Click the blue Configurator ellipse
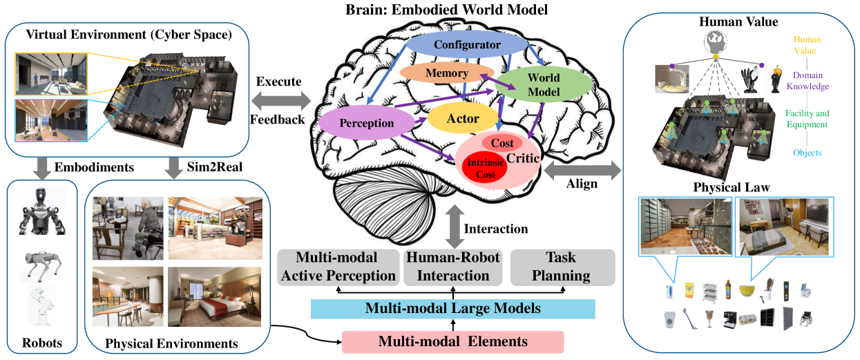coord(467,44)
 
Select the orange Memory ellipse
coord(447,73)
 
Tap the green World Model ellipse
coord(544,84)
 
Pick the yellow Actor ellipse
coord(463,118)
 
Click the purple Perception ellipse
coord(367,122)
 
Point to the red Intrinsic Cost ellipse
coord(486,169)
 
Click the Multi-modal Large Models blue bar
coord(453,308)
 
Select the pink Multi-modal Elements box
coord(453,341)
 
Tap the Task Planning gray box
coord(562,267)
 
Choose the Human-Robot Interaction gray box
coord(453,267)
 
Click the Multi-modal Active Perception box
coord(338,267)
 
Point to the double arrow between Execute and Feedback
coord(281,101)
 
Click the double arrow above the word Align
coord(582,170)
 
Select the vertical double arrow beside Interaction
coord(455,227)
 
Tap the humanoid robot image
coord(43,211)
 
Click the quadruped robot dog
coord(42,266)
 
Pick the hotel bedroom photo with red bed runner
coord(215,296)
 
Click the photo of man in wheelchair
coord(128,228)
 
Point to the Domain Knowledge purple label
coord(808,81)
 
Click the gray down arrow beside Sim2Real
coord(174,168)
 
